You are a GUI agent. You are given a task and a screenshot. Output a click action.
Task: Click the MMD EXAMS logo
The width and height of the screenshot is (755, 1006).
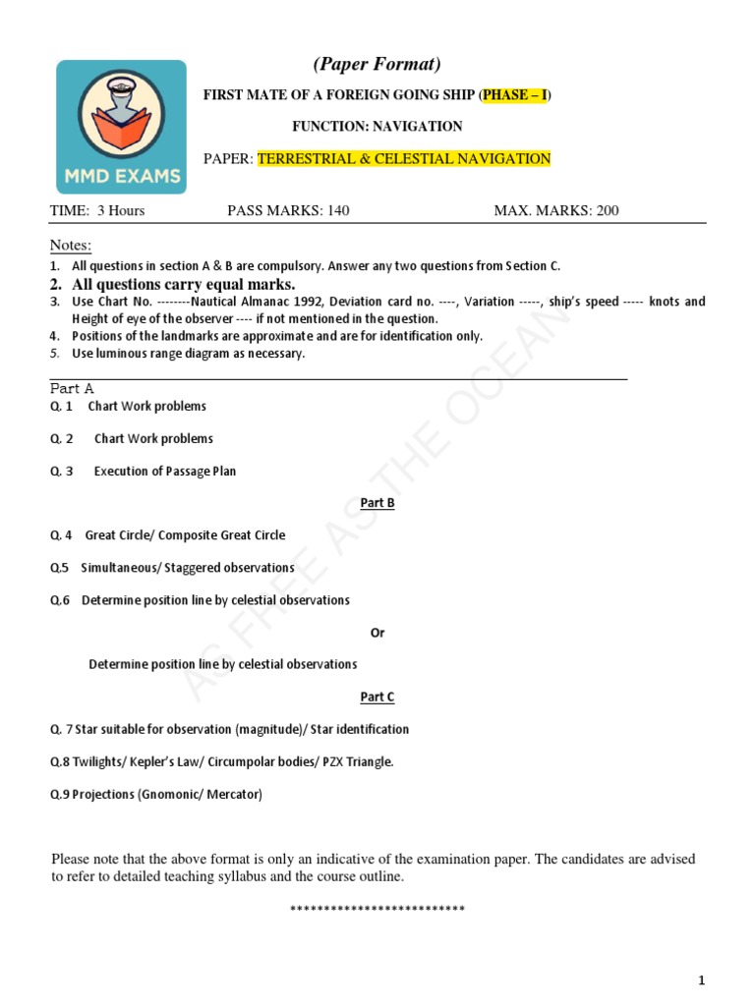[x=121, y=127]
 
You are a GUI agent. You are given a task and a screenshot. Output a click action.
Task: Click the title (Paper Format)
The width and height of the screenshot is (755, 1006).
[x=377, y=65]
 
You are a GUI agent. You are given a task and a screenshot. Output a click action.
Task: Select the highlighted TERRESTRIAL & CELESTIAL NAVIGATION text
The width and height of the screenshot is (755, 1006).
[x=404, y=159]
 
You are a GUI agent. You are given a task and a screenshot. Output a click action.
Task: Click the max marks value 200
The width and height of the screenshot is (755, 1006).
[x=607, y=210]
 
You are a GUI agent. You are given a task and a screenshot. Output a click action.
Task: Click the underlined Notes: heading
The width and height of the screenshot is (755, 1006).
[x=71, y=245]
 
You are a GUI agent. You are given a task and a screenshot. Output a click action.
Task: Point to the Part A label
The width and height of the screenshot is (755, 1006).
[x=72, y=389]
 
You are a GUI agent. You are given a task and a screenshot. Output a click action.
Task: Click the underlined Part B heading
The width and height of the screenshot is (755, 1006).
[x=377, y=503]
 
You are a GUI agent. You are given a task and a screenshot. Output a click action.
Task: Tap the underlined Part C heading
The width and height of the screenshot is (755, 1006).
[x=377, y=697]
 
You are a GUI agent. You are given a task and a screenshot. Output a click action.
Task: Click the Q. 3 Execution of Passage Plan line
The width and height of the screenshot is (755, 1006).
[x=145, y=472]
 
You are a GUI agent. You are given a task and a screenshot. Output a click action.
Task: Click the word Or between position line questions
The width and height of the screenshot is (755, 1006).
[x=377, y=633]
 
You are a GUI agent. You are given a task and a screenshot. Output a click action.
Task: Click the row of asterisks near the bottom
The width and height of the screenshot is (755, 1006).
[x=377, y=909]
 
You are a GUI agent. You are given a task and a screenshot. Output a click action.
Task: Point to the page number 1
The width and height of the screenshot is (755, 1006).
[x=702, y=980]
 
